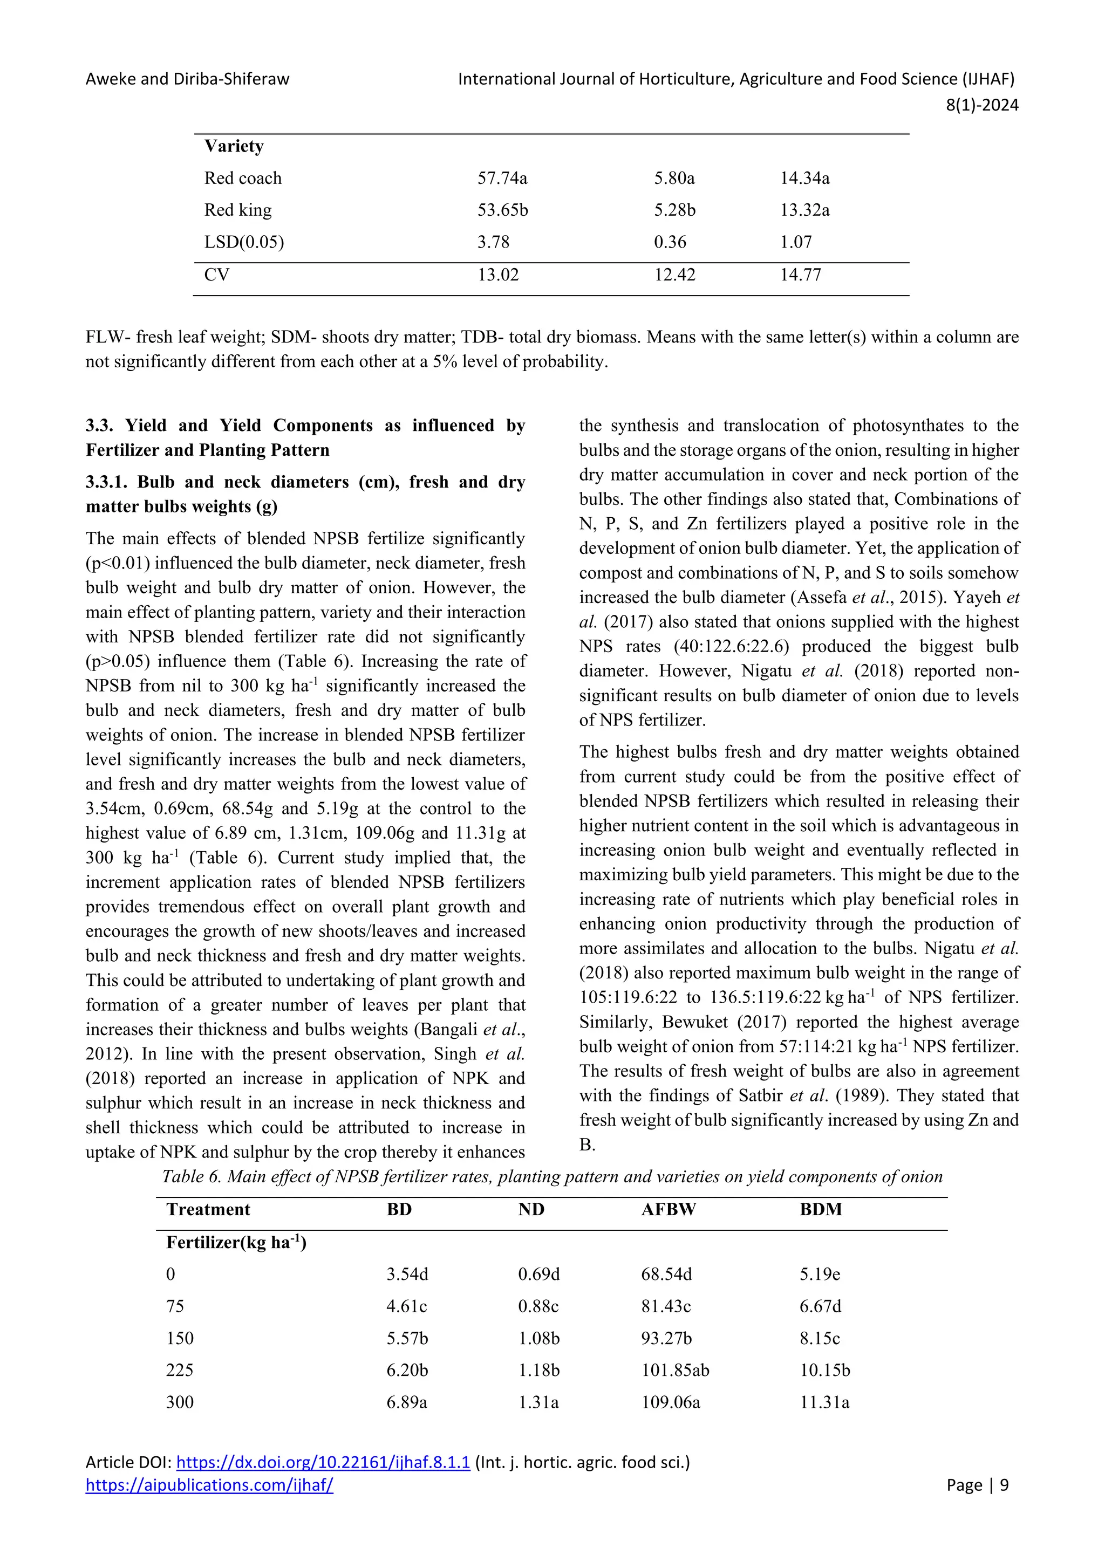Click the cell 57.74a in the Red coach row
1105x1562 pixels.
(502, 178)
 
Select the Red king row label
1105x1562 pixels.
(237, 210)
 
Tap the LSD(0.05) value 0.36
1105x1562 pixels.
(670, 242)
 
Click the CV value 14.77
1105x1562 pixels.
(800, 275)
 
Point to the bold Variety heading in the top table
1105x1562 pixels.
(234, 146)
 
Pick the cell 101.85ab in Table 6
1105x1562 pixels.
(675, 1370)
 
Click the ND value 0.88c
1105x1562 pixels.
(538, 1306)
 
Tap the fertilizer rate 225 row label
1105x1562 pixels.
(180, 1370)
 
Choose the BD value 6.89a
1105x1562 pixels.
(407, 1402)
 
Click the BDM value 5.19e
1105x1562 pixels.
(820, 1274)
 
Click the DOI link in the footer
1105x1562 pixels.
(323, 1463)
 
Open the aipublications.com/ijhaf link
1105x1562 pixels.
(209, 1485)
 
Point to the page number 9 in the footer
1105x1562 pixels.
(1004, 1485)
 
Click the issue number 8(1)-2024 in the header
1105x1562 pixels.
(982, 105)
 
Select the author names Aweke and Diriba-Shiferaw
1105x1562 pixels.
(187, 79)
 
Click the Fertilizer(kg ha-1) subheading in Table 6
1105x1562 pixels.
(236, 1243)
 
